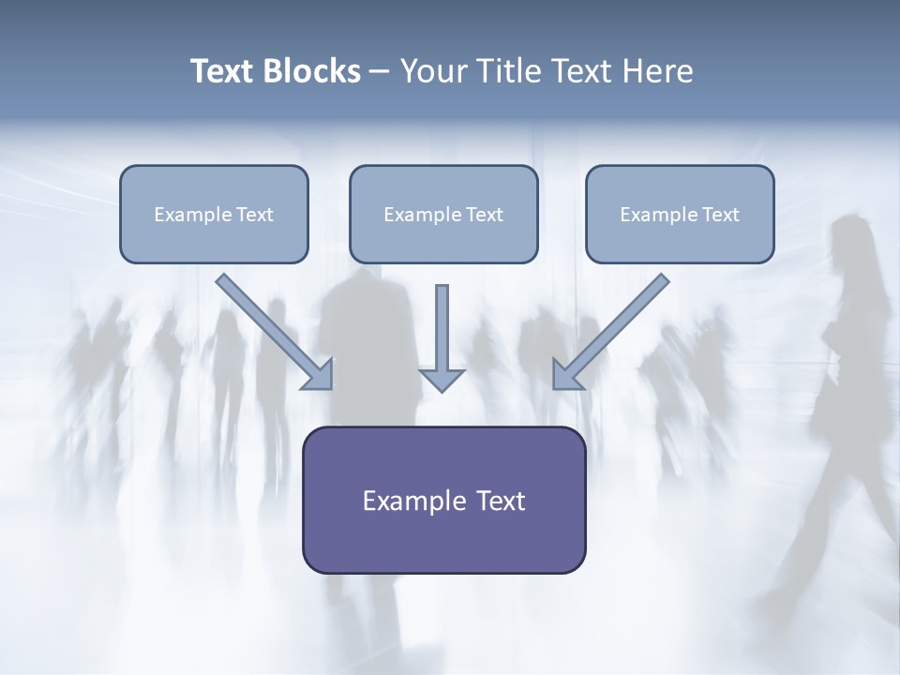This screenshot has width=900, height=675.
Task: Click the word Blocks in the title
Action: pos(311,71)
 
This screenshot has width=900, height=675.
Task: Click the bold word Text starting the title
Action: pos(222,71)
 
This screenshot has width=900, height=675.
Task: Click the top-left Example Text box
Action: pos(214,214)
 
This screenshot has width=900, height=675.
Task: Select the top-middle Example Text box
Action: pos(443,214)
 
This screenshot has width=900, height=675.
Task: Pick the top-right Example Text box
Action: pos(681,214)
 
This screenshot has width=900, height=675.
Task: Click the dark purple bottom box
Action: pos(444,500)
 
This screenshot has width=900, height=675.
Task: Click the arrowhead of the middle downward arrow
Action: pos(442,381)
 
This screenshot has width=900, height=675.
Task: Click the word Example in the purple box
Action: pos(406,501)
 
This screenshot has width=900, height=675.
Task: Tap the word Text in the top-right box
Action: pos(721,214)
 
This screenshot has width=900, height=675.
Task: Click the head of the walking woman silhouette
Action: pos(853,231)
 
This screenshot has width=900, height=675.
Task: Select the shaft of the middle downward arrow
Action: pos(442,327)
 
